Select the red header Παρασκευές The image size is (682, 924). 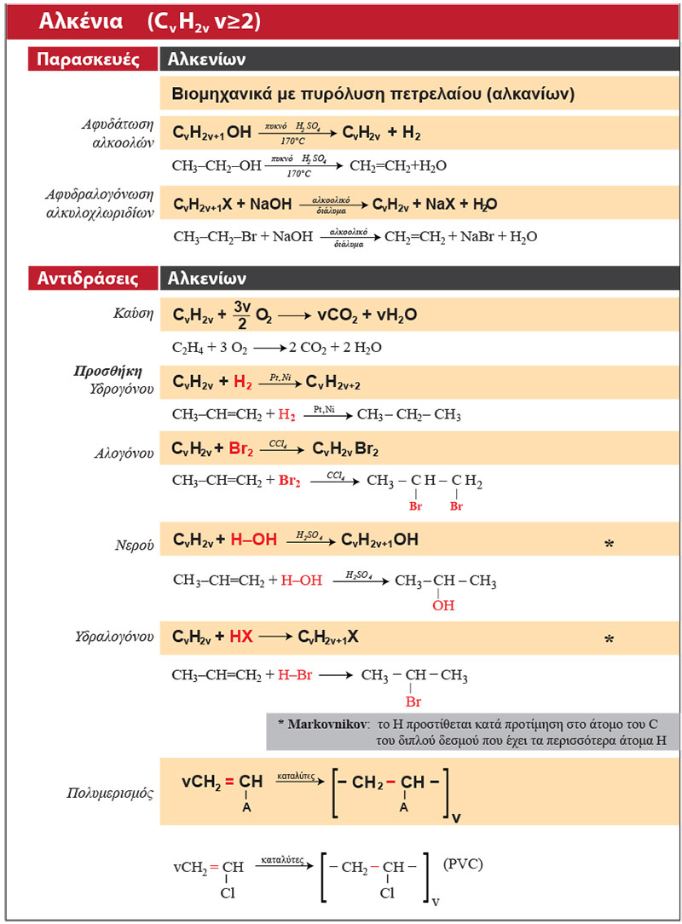point(85,60)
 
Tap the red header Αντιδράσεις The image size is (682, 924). point(86,278)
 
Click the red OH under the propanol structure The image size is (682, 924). point(442,606)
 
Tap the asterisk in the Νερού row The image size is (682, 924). point(609,544)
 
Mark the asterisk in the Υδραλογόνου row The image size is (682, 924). point(609,639)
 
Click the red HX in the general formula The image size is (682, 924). point(241,636)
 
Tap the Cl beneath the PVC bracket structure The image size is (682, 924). point(387,893)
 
